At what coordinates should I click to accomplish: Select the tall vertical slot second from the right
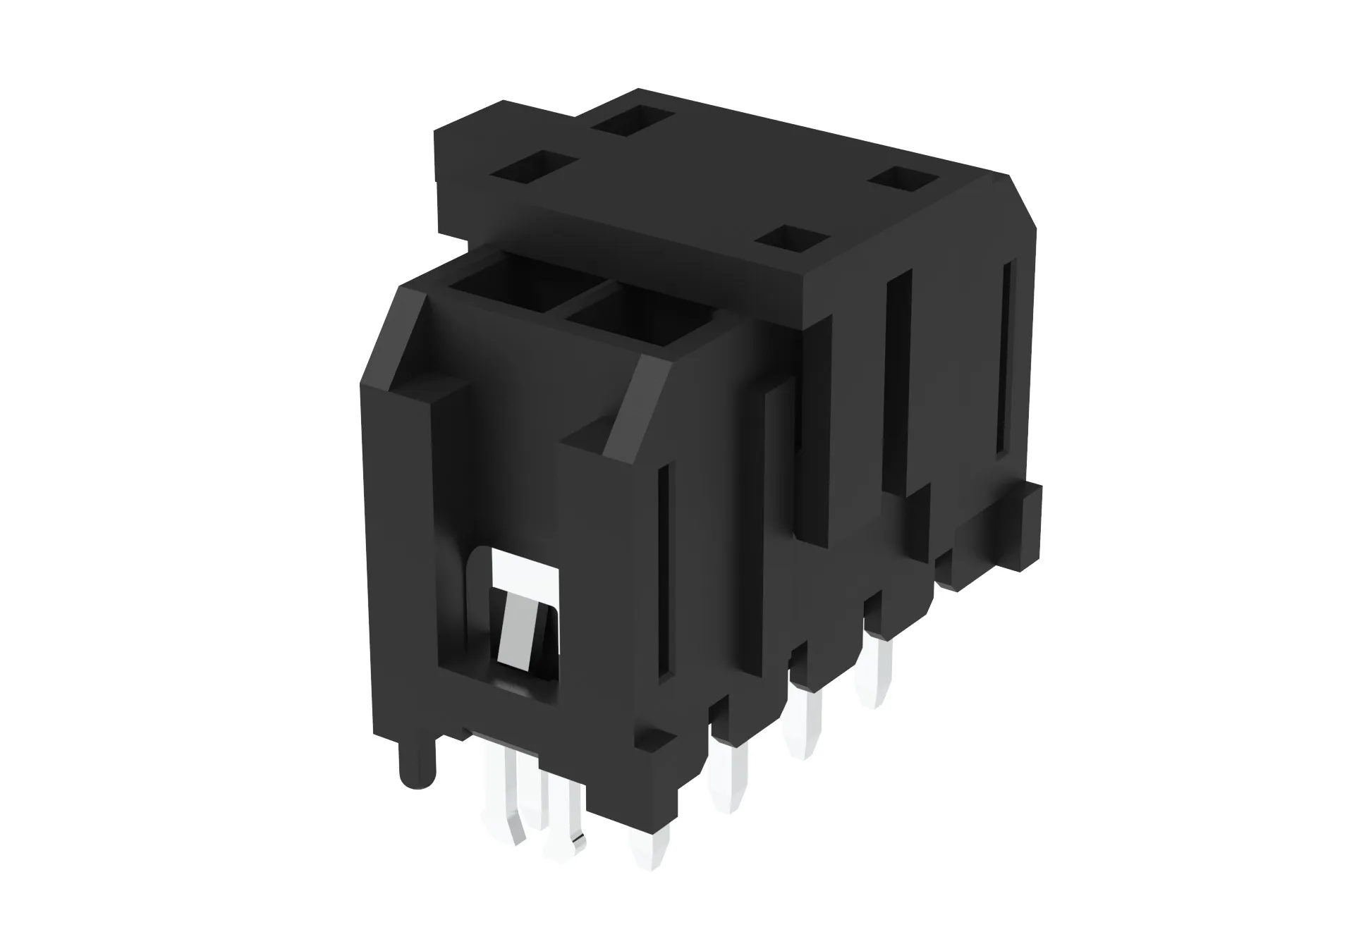896,384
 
